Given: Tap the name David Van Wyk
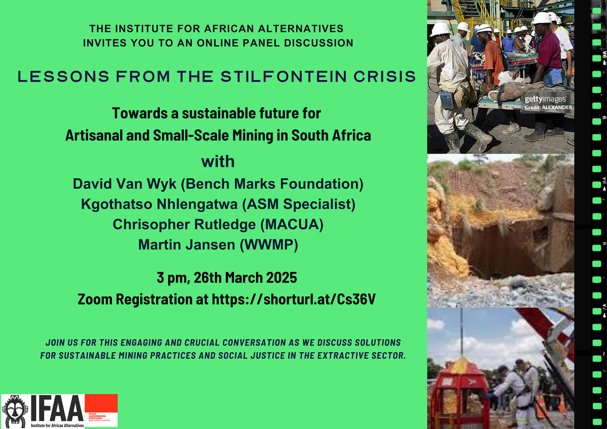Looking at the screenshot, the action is click(x=125, y=184).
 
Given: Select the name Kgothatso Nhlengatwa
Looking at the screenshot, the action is click(x=159, y=204).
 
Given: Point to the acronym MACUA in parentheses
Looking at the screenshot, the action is click(x=292, y=224).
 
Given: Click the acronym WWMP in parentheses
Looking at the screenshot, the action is click(x=269, y=245).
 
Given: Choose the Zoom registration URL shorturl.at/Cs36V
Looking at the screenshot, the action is click(x=294, y=299).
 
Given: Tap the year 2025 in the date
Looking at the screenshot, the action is click(x=282, y=278).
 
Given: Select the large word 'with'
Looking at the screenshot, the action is click(x=218, y=161).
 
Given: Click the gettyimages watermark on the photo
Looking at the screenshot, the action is click(x=545, y=99).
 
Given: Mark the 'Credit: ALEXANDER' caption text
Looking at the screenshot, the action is click(x=548, y=107).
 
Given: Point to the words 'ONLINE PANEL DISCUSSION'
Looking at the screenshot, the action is click(x=275, y=43).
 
